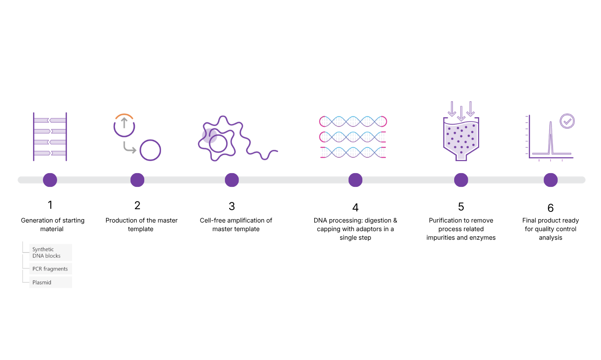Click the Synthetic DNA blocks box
coord(50,253)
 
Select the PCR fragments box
coord(50,269)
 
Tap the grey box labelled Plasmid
coord(50,282)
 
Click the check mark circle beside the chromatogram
coord(568,122)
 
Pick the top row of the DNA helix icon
coord(353,122)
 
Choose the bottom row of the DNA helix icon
coord(353,152)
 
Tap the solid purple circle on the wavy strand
coord(209,136)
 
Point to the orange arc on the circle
coord(124,116)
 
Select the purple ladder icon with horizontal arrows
coord(50,137)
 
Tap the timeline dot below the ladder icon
coord(50,180)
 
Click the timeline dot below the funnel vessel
coord(461,180)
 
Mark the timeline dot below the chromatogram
coord(551,180)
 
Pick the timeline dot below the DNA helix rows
coord(355,180)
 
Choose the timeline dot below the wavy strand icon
coord(232,180)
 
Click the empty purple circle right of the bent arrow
coord(150,150)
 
